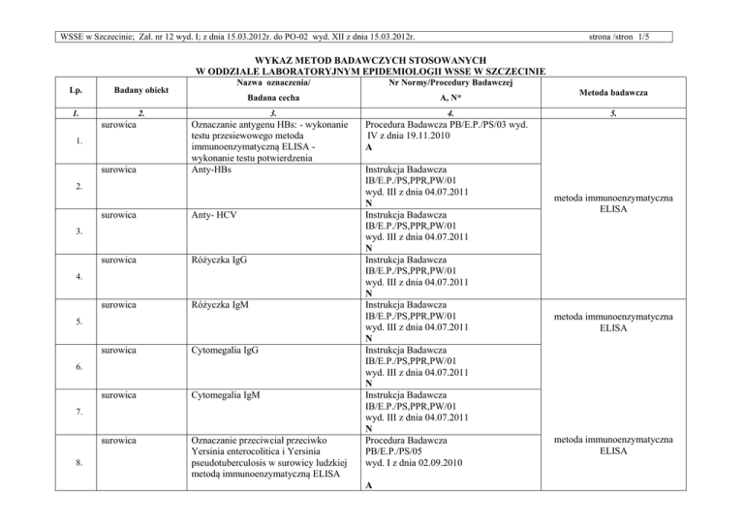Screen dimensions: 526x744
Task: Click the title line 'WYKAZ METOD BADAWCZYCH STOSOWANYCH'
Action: point(371,59)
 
